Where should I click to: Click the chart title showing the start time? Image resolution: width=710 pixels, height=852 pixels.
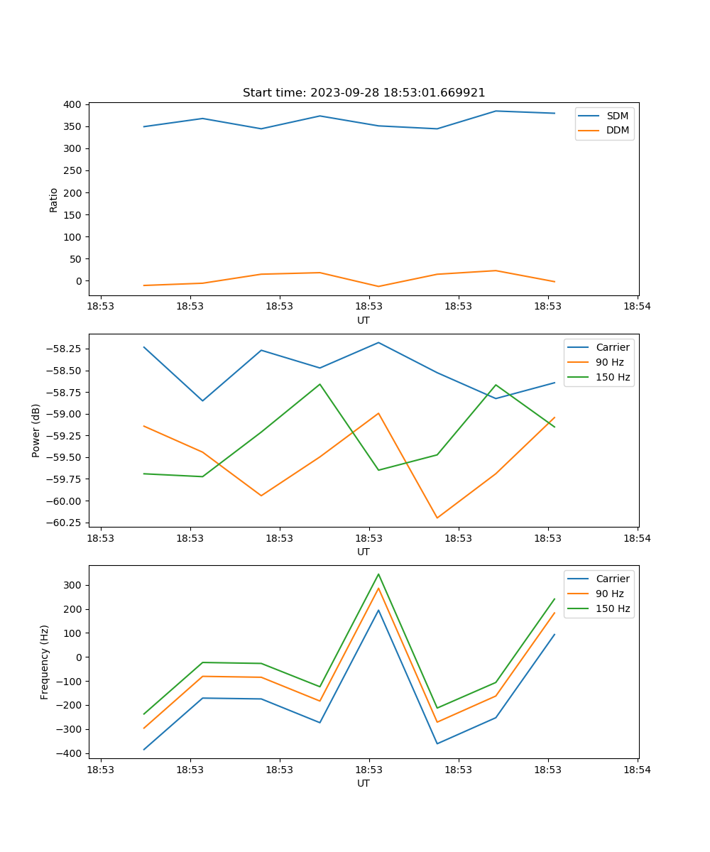click(x=364, y=92)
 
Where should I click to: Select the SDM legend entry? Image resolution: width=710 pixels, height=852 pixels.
click(x=617, y=116)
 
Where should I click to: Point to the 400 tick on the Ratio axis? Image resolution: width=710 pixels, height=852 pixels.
click(x=72, y=104)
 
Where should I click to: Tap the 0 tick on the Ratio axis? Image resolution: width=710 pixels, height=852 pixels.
click(x=79, y=281)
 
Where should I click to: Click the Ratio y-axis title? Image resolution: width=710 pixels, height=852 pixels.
click(x=54, y=200)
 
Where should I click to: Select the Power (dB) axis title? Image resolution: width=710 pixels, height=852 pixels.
click(x=36, y=430)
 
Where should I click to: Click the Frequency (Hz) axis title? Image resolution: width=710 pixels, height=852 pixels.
click(x=45, y=662)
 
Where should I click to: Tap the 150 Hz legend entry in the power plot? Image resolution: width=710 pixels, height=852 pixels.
click(x=613, y=377)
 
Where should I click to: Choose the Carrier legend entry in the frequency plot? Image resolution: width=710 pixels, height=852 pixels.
click(x=612, y=579)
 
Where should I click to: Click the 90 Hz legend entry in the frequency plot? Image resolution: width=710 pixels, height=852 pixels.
click(x=609, y=594)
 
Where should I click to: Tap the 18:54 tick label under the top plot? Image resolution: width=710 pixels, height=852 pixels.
click(x=637, y=307)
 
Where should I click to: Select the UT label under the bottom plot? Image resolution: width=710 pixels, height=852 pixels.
click(x=364, y=783)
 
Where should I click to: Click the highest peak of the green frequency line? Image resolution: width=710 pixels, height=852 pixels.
click(x=378, y=574)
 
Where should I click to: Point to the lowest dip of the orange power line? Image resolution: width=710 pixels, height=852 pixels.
click(x=437, y=518)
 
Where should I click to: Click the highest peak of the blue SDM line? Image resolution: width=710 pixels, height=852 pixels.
click(x=496, y=111)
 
